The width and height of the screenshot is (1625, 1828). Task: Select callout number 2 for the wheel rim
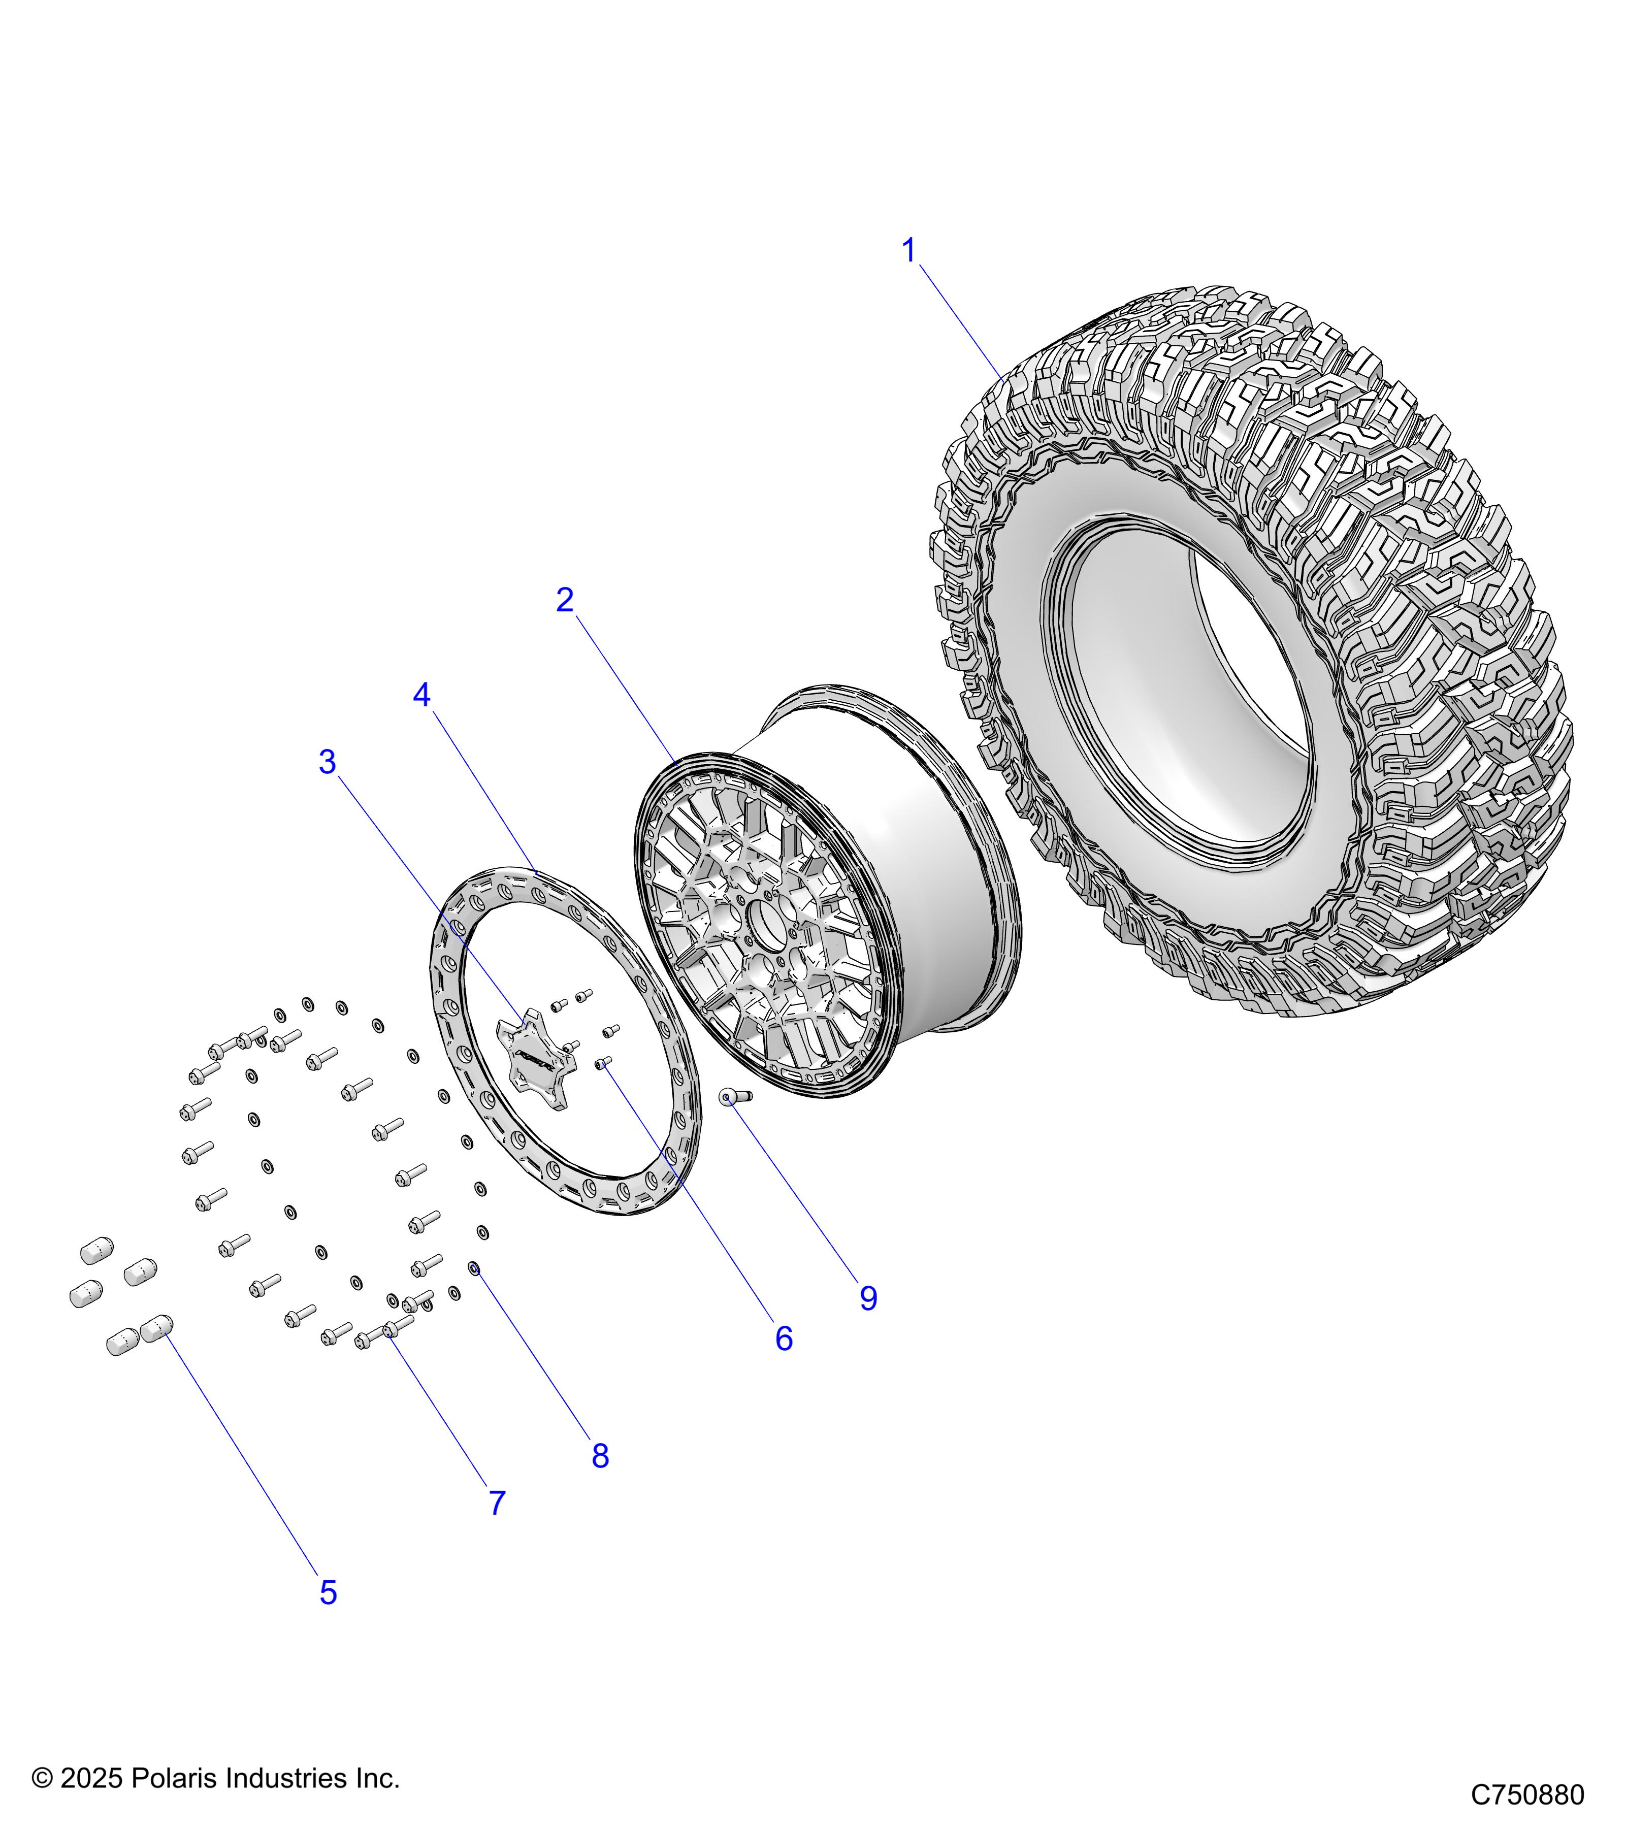[x=564, y=600]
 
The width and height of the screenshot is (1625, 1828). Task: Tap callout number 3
[x=328, y=762]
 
